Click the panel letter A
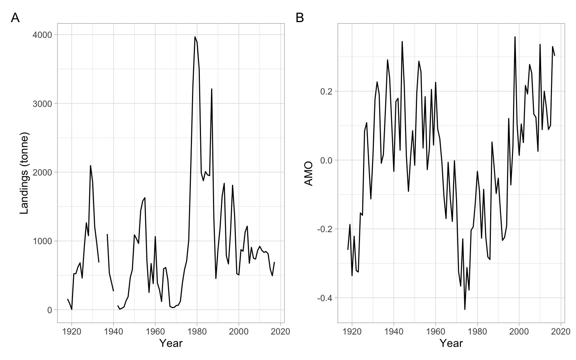click(15, 18)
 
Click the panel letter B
click(300, 18)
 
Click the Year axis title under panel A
click(171, 343)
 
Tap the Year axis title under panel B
click(451, 343)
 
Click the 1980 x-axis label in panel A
click(196, 331)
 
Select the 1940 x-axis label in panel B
click(394, 331)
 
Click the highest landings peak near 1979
click(195, 37)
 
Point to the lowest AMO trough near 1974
click(465, 309)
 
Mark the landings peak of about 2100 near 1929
click(90, 165)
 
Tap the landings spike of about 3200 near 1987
click(212, 89)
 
